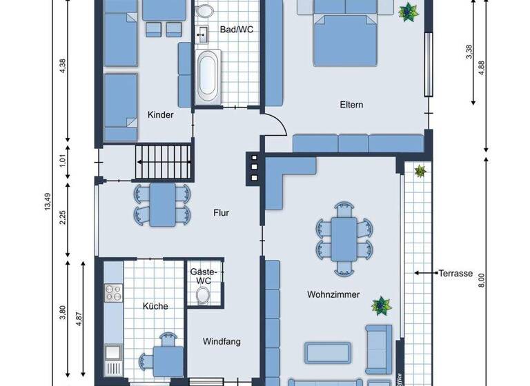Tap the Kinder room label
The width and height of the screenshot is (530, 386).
160,115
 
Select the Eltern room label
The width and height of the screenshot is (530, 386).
351,105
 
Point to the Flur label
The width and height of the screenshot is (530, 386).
221,213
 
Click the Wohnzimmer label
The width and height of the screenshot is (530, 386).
333,295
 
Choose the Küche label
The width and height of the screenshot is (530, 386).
156,306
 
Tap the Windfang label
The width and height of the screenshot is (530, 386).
221,341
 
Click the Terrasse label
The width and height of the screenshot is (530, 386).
455,274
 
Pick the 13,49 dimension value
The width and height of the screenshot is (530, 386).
48,204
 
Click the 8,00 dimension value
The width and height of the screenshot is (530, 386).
482,280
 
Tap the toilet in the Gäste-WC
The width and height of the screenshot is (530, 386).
203,296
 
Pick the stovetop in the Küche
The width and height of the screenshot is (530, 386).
112,294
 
